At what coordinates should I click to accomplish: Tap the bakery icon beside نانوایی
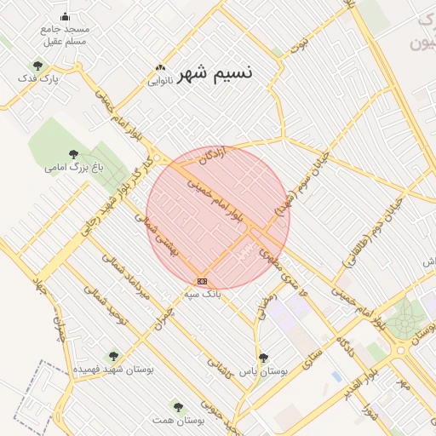(159, 68)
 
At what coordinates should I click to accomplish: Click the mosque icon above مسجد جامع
(66, 16)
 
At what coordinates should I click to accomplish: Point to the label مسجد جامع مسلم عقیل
(65, 35)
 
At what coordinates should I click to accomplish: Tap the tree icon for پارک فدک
(37, 65)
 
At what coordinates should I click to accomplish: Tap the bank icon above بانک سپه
(202, 280)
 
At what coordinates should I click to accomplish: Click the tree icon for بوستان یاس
(263, 359)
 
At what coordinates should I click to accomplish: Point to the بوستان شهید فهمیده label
(113, 370)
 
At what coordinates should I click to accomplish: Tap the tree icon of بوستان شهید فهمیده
(113, 357)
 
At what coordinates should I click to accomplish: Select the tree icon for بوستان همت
(178, 407)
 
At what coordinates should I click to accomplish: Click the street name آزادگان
(212, 155)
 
